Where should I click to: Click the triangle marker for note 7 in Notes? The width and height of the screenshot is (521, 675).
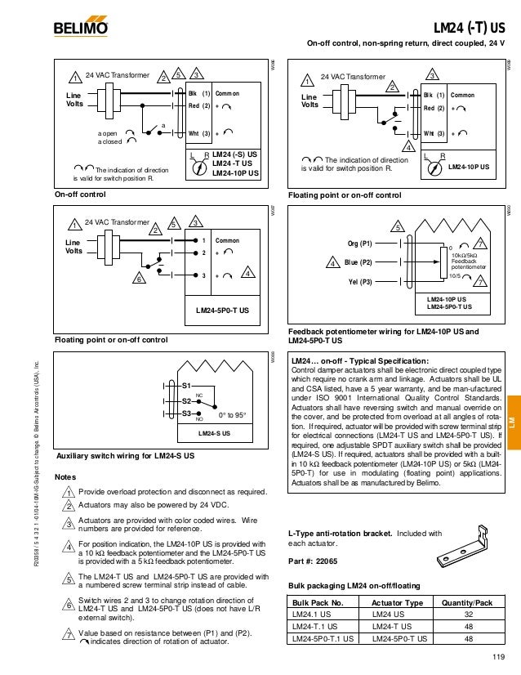tap(69, 635)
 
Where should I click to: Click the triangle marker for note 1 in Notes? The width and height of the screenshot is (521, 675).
tap(69, 492)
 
